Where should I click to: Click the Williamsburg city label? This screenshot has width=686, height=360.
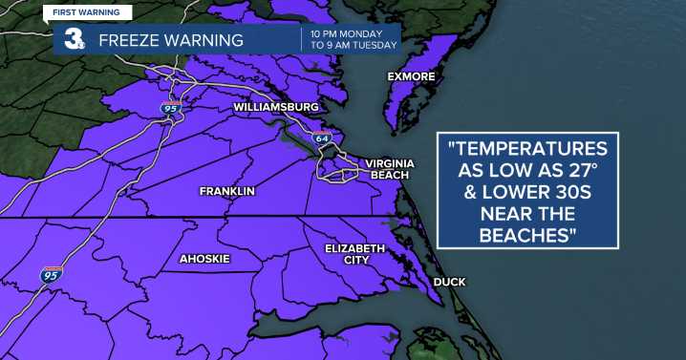[275, 108]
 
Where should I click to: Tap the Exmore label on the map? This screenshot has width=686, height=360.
[411, 75]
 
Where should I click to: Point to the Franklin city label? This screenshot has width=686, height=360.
[226, 192]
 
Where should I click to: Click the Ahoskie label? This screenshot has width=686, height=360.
[206, 259]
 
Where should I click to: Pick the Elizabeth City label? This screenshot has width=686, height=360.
[354, 254]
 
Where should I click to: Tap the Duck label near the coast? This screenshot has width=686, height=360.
[449, 282]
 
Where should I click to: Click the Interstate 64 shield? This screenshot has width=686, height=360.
[320, 139]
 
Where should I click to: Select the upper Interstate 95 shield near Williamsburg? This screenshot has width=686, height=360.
[170, 109]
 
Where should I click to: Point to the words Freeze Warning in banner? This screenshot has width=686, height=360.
[171, 41]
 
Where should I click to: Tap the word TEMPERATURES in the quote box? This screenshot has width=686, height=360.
[528, 149]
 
